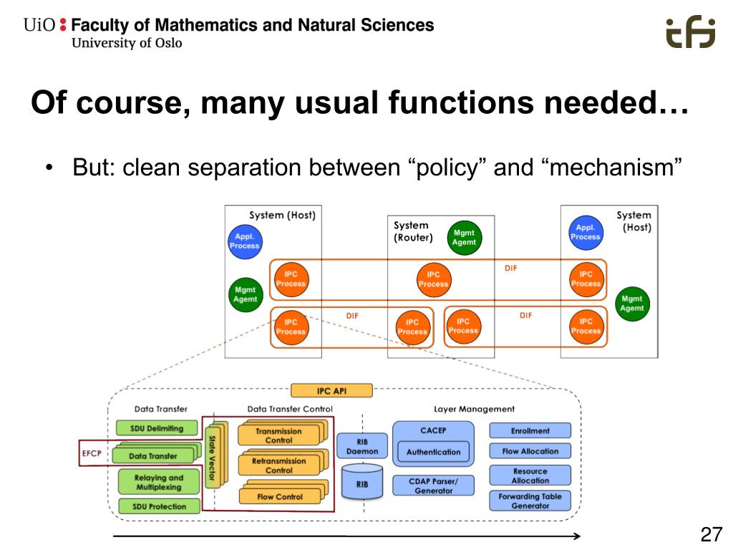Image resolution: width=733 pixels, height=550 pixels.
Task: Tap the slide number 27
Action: click(x=710, y=534)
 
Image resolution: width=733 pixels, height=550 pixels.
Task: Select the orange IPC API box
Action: click(x=331, y=390)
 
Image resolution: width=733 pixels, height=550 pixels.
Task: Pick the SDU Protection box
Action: click(x=158, y=506)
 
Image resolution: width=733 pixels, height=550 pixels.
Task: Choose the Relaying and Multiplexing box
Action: click(x=158, y=482)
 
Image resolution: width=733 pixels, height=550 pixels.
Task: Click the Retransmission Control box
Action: click(x=279, y=466)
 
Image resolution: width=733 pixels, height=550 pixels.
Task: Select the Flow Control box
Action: click(x=280, y=496)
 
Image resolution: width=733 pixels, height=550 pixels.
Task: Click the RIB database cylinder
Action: click(x=361, y=483)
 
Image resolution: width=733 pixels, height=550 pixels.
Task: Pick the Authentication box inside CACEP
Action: click(x=433, y=452)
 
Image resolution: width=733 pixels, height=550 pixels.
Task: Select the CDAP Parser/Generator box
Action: click(x=433, y=485)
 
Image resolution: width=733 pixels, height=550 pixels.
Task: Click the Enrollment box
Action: click(x=530, y=430)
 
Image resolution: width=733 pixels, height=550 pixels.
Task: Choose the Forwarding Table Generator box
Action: click(x=530, y=500)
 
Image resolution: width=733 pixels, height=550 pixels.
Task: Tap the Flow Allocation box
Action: click(x=530, y=451)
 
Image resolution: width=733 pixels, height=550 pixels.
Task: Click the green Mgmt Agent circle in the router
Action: click(x=463, y=238)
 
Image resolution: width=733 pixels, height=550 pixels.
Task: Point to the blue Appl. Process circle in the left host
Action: click(x=244, y=241)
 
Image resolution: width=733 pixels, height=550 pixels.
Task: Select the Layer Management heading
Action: click(x=474, y=409)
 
